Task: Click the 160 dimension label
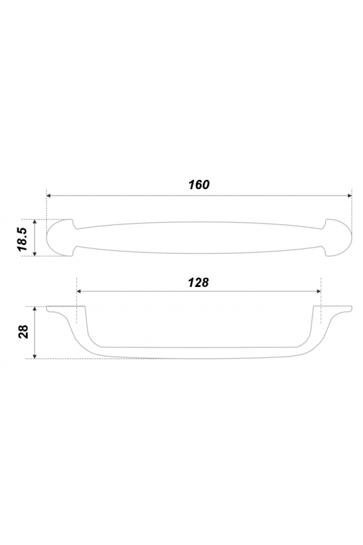point(199,185)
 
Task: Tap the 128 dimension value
point(198,283)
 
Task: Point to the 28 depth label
point(23,332)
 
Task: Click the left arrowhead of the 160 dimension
point(48,196)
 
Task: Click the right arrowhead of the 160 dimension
point(350,196)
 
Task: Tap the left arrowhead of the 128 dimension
point(79,291)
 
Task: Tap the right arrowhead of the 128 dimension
point(318,291)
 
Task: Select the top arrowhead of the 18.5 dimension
point(34,222)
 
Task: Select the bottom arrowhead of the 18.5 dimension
point(34,253)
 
